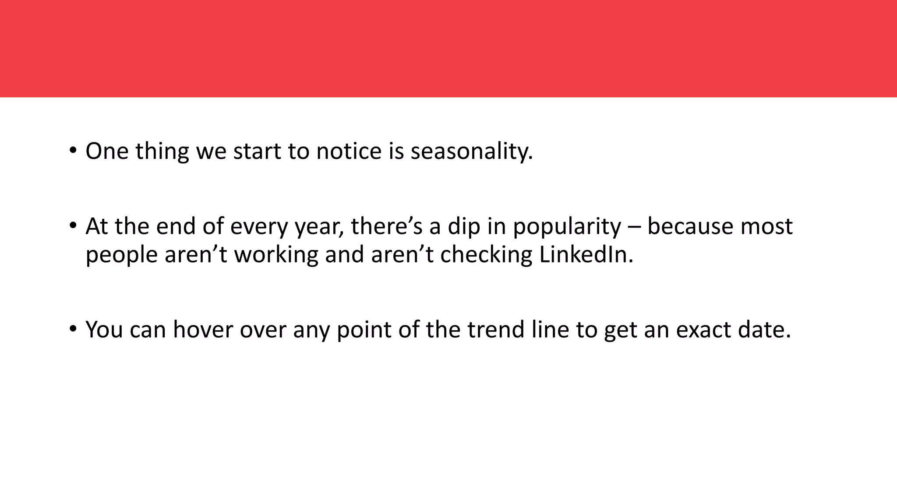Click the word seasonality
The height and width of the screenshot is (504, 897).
click(471, 151)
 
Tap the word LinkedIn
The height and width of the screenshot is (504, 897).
click(586, 255)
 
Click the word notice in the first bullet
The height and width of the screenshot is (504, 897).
click(349, 151)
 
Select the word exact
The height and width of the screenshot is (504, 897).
click(703, 330)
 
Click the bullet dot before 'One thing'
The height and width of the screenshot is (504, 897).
click(73, 150)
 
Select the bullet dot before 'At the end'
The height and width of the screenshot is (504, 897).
click(73, 226)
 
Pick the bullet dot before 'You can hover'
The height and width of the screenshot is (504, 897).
click(73, 329)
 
